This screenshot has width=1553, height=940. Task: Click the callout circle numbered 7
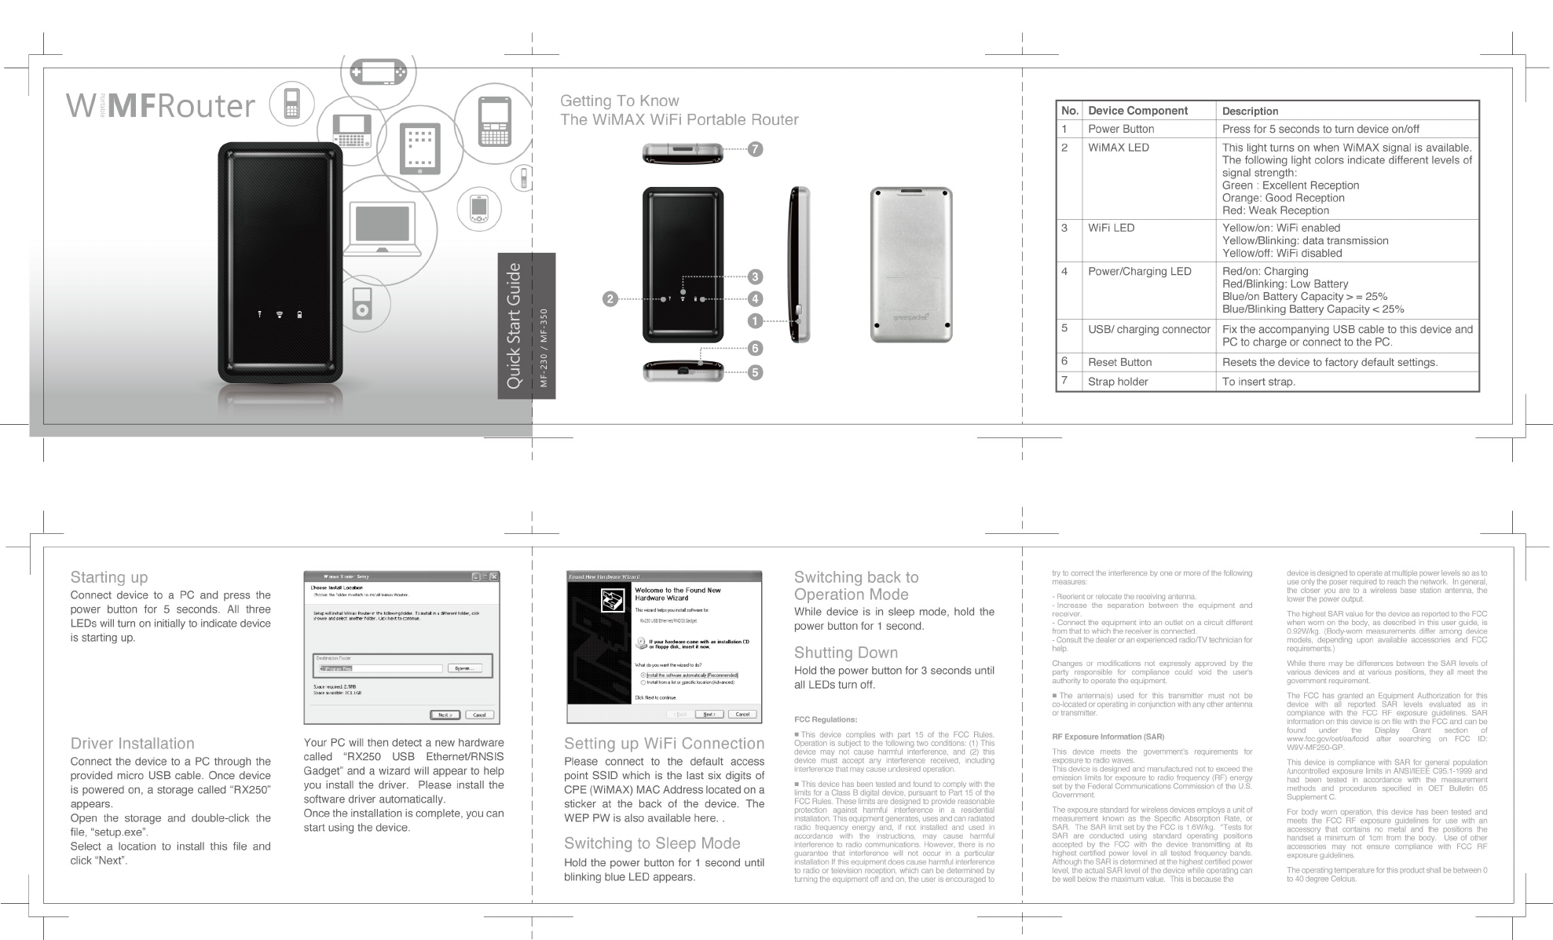[x=755, y=149]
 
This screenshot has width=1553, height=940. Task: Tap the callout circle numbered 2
[x=610, y=298]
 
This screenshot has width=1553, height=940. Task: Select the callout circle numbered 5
[x=755, y=372]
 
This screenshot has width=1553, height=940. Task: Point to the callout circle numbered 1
[x=755, y=320]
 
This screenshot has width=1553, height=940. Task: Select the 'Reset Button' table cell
[x=1119, y=362]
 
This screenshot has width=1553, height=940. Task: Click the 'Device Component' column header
[x=1137, y=111]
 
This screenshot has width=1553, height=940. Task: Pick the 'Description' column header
[x=1250, y=111]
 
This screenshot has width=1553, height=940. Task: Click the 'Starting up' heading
[x=109, y=577]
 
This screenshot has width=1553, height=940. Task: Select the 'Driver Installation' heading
[x=132, y=744]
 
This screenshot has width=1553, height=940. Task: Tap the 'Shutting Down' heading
[x=845, y=653]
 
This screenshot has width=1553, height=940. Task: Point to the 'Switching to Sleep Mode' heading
[x=652, y=843]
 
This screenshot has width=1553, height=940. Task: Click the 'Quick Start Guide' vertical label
[x=514, y=326]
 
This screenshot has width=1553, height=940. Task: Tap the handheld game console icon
[x=379, y=72]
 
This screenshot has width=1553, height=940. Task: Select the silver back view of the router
[x=910, y=265]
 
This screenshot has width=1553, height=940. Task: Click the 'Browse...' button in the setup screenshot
[x=464, y=668]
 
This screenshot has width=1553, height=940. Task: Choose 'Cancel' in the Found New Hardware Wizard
[x=742, y=714]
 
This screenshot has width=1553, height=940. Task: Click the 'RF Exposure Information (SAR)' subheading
[x=1108, y=737]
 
